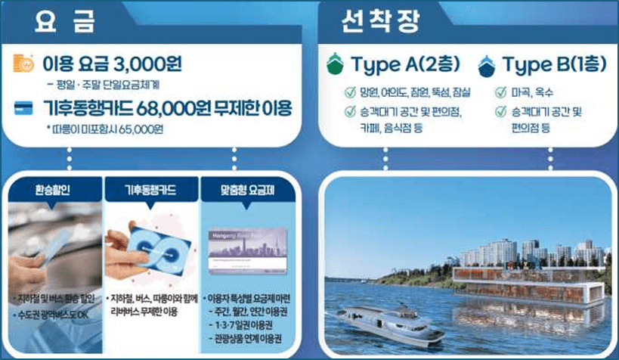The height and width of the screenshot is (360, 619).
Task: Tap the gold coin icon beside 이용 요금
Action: pyautogui.click(x=25, y=65)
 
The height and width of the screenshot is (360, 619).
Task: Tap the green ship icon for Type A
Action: pyautogui.click(x=335, y=65)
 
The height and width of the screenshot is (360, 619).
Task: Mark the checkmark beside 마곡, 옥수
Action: pyautogui.click(x=500, y=93)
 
